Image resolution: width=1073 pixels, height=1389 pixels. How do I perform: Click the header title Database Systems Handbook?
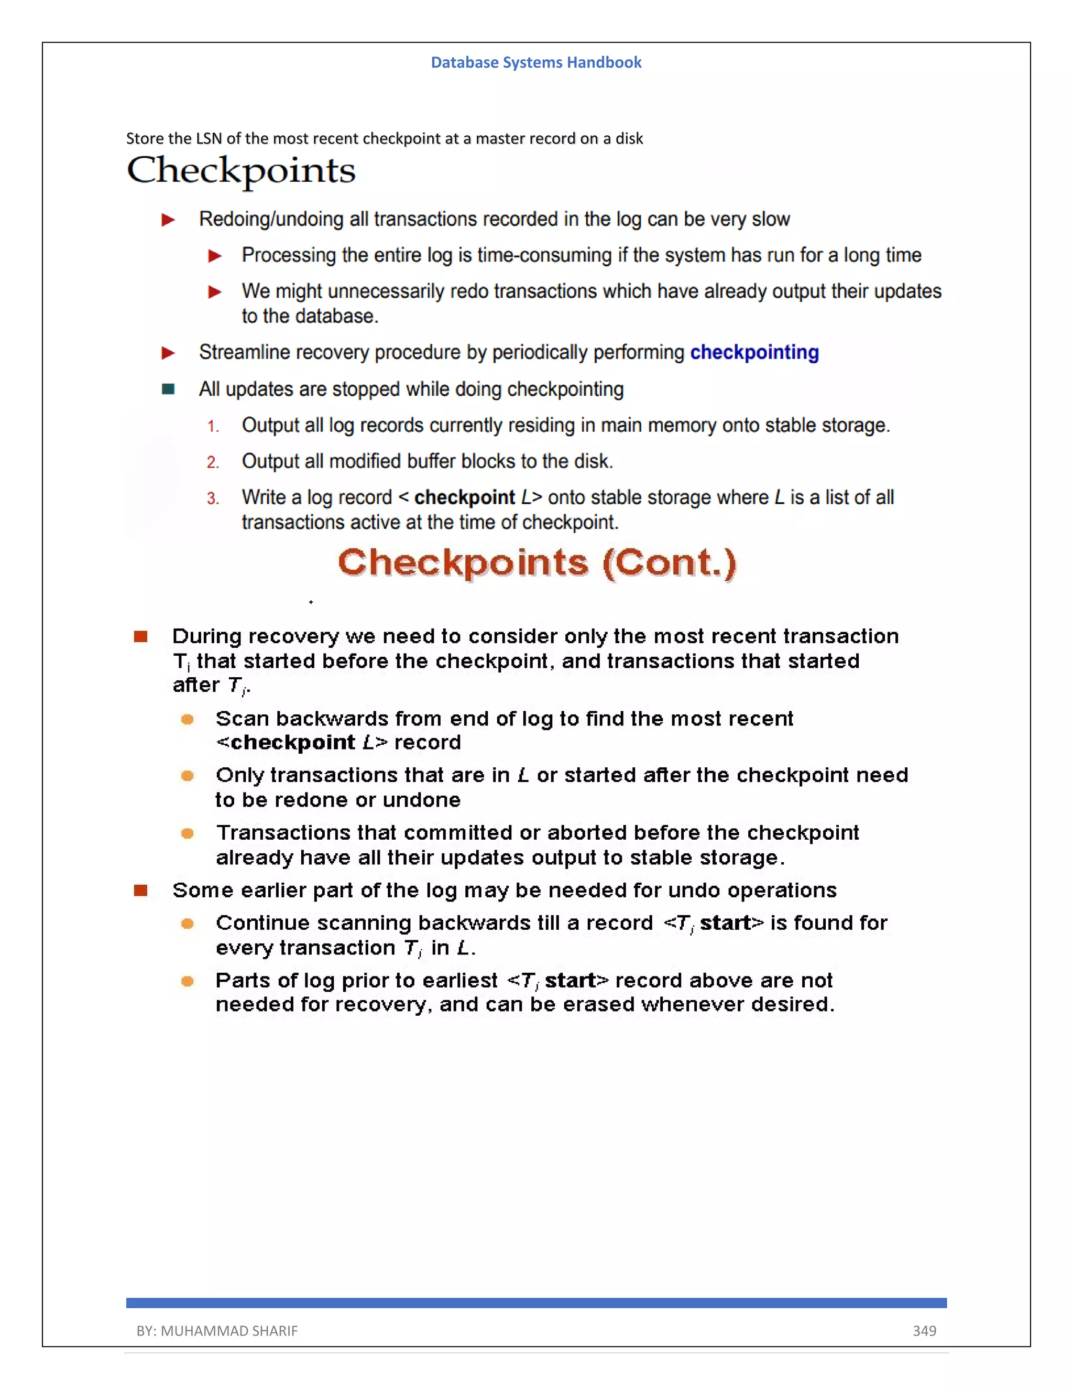536,62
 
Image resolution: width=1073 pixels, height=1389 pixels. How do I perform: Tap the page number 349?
924,1330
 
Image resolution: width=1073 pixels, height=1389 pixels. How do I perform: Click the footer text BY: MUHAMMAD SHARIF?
217,1330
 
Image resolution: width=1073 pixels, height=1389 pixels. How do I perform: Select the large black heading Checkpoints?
241,170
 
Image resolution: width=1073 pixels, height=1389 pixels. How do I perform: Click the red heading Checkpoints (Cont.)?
536,563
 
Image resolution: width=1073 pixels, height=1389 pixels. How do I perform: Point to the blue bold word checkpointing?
754,352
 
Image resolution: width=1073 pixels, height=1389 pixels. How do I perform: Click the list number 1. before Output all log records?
213,427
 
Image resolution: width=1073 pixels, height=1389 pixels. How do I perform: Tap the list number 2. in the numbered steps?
213,462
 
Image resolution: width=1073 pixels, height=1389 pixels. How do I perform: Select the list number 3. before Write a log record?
213,498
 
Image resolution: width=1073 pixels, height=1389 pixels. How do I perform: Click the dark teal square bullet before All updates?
168,389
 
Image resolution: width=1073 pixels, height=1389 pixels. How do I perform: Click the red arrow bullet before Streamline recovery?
168,353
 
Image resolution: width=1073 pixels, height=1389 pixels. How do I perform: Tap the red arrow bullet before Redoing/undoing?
168,220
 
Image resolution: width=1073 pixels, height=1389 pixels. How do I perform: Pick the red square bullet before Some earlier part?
140,891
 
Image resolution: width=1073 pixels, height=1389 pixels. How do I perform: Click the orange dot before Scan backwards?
187,719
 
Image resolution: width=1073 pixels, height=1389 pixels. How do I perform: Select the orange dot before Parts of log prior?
187,981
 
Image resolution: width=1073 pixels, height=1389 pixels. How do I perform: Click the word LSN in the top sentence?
209,139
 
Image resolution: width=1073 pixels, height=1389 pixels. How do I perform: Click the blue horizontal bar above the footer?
536,1303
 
